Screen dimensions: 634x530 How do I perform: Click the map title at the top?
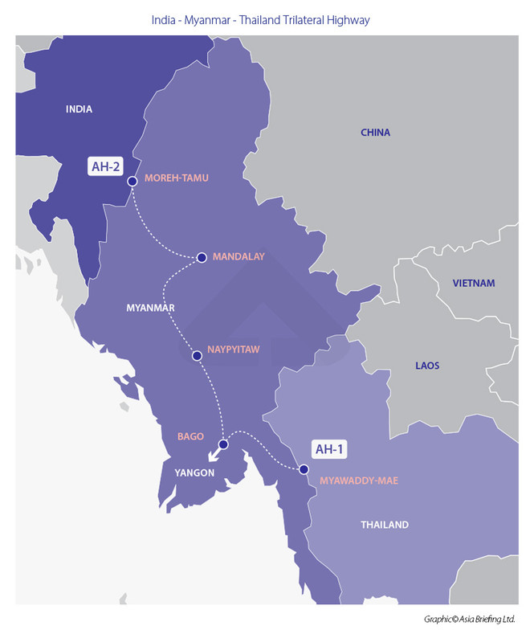coord(260,20)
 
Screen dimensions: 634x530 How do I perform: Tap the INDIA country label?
coord(79,109)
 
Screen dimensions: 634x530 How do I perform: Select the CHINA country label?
coord(375,133)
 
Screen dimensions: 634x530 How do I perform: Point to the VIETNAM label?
coord(474,283)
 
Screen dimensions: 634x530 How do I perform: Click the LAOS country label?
coord(427,366)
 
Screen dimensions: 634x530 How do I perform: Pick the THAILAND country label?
coord(384,525)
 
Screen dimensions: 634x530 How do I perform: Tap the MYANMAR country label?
coord(150,308)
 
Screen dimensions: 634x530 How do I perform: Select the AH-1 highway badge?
coord(329,449)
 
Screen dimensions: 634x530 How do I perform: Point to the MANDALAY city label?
coord(238,256)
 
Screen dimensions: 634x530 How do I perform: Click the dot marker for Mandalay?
coord(202,257)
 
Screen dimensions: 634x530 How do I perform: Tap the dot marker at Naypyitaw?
coord(196,354)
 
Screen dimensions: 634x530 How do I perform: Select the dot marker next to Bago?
coord(224,444)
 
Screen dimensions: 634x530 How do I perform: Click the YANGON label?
coord(194,472)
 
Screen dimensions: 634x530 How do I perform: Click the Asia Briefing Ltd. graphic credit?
coord(469,619)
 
